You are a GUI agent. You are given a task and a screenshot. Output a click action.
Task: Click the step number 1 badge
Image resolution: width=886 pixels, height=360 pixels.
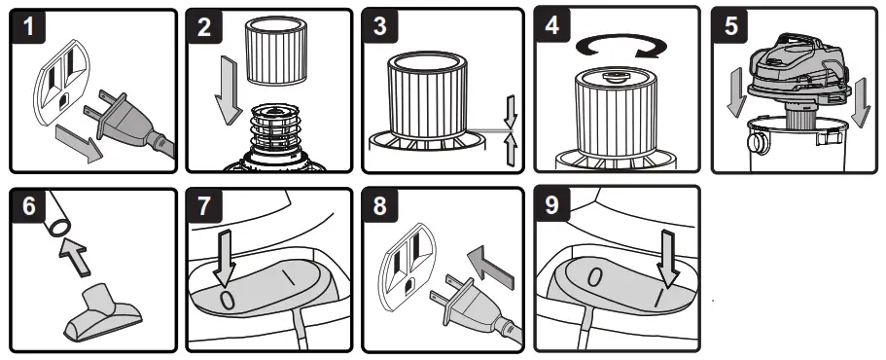(28, 27)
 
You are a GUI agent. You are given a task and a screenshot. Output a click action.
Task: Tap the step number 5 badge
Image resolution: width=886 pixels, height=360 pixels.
(730, 25)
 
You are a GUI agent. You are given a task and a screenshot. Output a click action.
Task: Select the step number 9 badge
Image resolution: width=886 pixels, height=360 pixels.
(551, 204)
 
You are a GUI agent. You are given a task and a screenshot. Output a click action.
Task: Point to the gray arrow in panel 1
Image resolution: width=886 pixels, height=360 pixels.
(79, 143)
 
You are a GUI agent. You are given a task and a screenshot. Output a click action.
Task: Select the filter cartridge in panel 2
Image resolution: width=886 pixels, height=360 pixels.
(277, 50)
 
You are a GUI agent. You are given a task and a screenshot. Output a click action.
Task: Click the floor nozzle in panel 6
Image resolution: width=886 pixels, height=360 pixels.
(102, 313)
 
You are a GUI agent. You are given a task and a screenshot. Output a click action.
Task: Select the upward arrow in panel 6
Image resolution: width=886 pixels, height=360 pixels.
(75, 253)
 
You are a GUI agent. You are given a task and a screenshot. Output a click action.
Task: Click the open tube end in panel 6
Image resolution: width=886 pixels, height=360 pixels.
(57, 229)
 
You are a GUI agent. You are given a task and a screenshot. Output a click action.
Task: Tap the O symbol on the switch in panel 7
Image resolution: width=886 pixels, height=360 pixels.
(227, 299)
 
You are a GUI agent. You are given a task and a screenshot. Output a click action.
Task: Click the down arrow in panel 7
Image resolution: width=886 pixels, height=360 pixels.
(225, 257)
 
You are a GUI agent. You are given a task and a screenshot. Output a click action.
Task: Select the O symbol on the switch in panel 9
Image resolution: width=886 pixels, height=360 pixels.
(595, 277)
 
